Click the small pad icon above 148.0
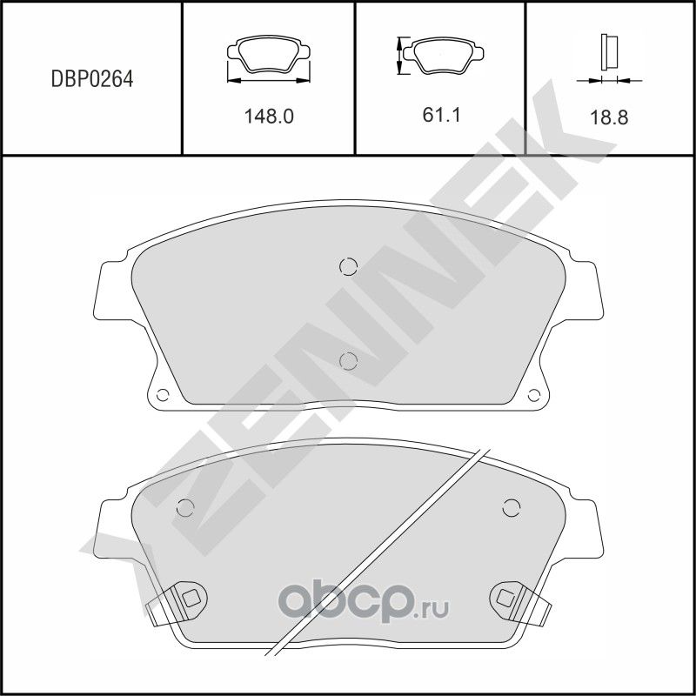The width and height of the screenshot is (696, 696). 268,57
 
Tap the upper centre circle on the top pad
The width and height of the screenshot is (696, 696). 348,266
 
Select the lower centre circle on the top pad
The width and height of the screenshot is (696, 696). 348,360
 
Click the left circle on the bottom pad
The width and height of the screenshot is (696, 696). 184,508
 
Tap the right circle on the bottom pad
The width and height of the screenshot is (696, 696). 511,508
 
